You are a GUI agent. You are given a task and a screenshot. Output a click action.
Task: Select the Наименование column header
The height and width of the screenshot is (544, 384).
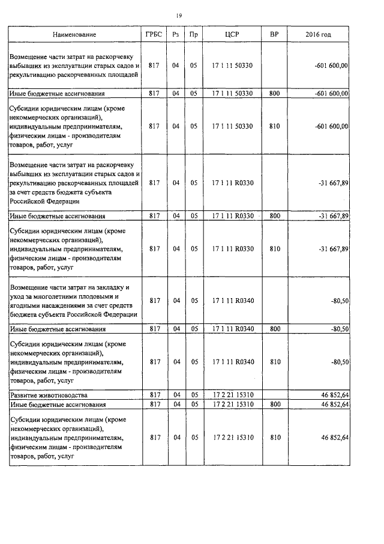click(74, 35)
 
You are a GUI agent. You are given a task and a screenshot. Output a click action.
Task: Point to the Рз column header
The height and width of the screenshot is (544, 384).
click(175, 35)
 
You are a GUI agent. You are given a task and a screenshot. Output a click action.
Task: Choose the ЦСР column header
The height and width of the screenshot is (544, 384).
click(232, 35)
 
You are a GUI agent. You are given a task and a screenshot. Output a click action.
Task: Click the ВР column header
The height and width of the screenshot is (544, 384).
click(274, 35)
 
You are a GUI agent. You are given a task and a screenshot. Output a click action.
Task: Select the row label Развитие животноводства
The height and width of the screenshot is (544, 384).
click(49, 395)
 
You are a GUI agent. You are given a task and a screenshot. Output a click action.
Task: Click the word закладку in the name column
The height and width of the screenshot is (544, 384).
click(109, 287)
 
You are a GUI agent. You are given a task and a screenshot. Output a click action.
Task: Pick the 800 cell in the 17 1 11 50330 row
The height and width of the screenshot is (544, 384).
click(274, 94)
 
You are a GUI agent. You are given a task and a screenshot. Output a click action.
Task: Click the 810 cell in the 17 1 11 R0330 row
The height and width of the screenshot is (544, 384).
click(274, 249)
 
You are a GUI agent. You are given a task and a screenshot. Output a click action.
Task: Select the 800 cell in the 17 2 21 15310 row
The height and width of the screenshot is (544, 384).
click(274, 405)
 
